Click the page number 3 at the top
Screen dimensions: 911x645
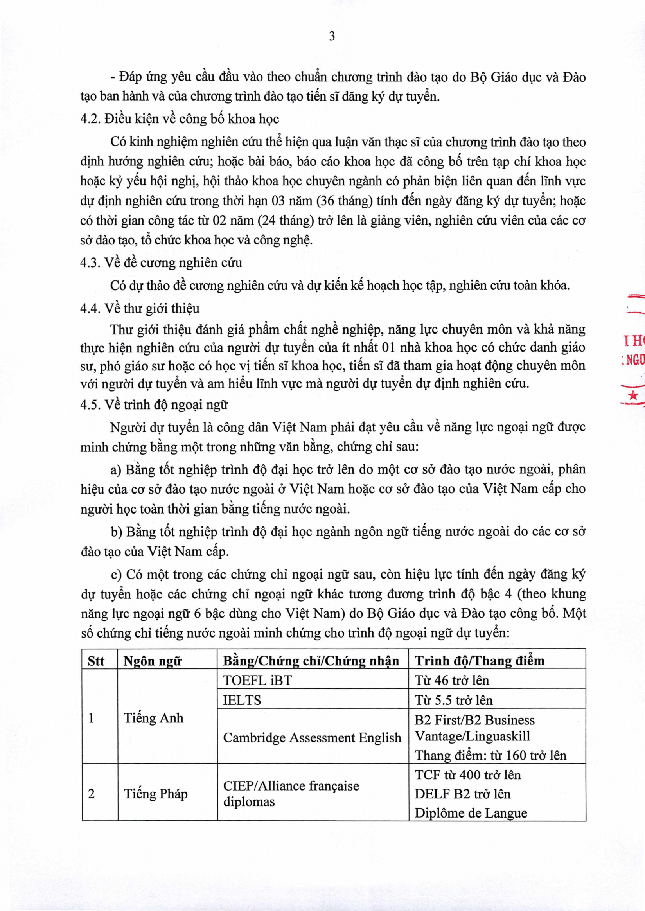[332, 36]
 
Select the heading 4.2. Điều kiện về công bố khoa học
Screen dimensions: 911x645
[180, 119]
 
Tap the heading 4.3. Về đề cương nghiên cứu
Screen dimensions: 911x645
[161, 262]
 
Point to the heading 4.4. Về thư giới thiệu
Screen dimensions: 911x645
[140, 309]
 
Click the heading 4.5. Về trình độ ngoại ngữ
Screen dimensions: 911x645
[154, 405]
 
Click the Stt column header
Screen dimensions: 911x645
[96, 661]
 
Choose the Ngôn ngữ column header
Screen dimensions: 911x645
[153, 661]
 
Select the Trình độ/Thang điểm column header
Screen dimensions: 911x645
[480, 660]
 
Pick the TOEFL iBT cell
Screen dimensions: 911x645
[257, 680]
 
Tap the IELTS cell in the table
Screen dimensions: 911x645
[242, 700]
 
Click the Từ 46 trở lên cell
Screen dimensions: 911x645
[452, 680]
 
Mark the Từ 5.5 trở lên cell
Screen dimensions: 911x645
[454, 700]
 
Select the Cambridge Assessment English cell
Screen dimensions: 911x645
[312, 737]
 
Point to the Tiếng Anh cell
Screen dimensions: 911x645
[154, 718]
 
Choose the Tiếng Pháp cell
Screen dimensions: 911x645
[156, 794]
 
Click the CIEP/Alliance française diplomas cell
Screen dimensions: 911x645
[291, 794]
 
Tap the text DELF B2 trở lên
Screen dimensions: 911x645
[462, 794]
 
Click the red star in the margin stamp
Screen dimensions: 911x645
[634, 395]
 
